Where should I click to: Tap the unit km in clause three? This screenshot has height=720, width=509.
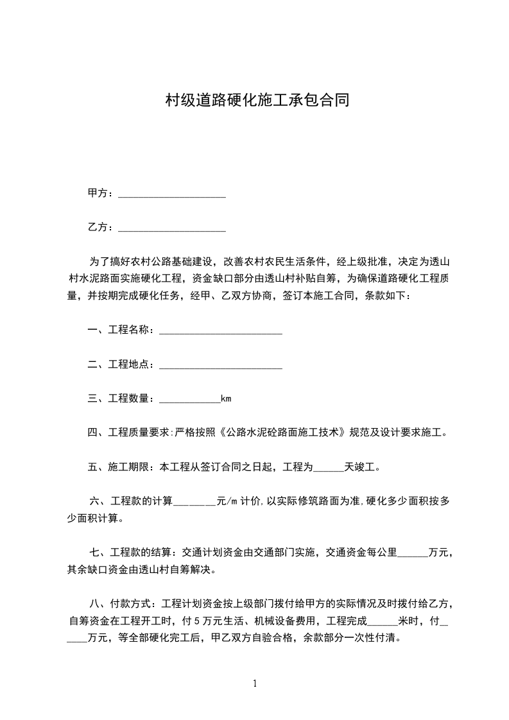pos(226,399)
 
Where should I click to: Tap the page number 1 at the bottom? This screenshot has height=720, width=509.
pos(255,684)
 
